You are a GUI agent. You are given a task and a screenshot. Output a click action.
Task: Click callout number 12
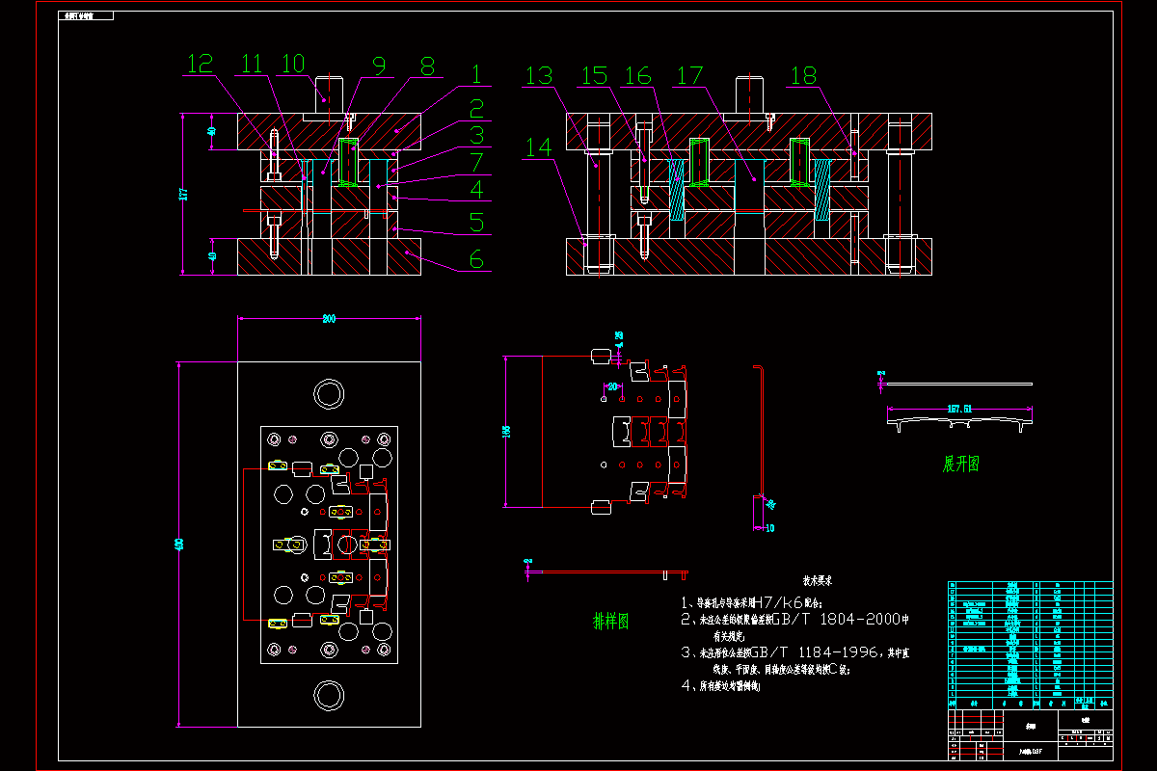coord(200,65)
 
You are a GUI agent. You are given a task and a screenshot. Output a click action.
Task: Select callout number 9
coord(379,65)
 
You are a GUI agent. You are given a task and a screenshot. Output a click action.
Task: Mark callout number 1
coord(476,74)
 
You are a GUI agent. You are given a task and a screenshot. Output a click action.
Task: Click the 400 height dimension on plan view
coord(178,545)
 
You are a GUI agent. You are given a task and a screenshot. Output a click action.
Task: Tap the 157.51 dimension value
coord(959,409)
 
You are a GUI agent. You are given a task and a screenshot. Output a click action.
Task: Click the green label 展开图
coord(960,464)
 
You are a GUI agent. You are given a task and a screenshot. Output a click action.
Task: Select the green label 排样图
coord(610,622)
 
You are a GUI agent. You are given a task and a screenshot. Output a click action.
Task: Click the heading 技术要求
coord(817,581)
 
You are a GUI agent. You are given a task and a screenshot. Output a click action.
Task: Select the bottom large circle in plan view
coord(329,695)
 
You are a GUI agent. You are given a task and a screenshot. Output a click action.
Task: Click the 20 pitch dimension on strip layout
coord(611,386)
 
